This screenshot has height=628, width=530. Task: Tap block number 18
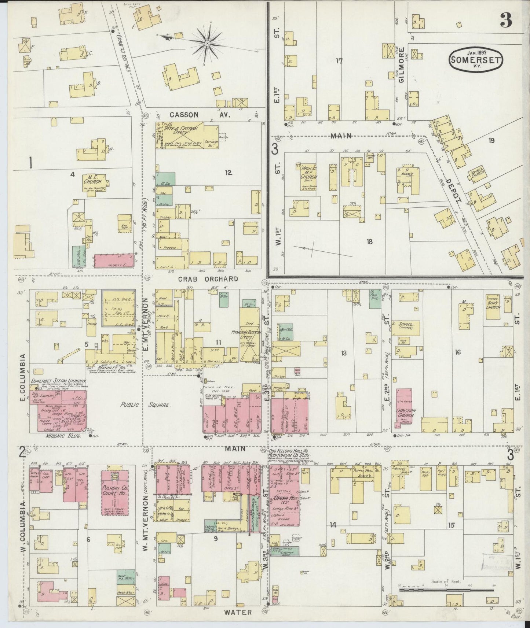(369, 241)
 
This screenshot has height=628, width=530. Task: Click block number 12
(228, 173)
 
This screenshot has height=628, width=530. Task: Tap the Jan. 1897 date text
(476, 52)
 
